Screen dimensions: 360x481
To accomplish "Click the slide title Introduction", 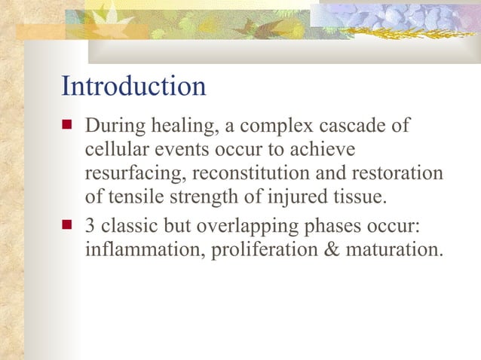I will pyautogui.click(x=133, y=86).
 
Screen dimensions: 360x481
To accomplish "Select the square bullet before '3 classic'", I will pyautogui.click(x=68, y=224).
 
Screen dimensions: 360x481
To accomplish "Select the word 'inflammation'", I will pyautogui.click(x=145, y=249).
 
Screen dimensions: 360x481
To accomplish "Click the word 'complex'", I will pyautogui.click(x=287, y=125).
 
